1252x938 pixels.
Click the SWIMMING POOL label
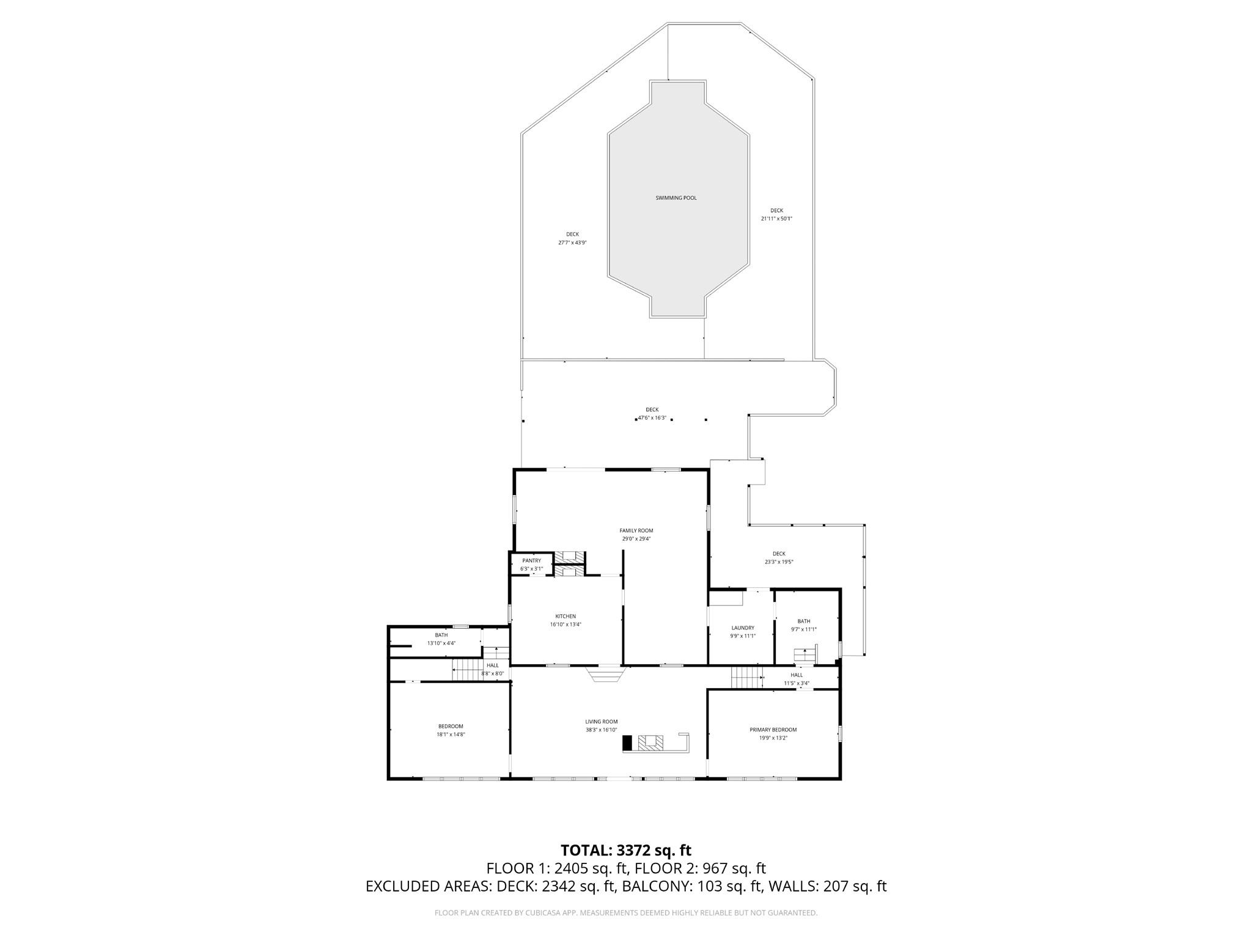pyautogui.click(x=676, y=198)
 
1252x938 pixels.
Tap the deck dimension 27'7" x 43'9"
pyautogui.click(x=572, y=243)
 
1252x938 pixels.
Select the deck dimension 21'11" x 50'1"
pyautogui.click(x=776, y=219)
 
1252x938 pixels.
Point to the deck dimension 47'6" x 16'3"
pyautogui.click(x=652, y=418)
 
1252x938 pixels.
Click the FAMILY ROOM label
pyautogui.click(x=636, y=530)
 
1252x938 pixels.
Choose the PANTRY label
pyautogui.click(x=531, y=560)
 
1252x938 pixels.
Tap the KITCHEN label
pyautogui.click(x=565, y=616)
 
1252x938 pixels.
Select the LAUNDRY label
pyautogui.click(x=743, y=628)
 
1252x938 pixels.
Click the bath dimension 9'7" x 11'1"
pyautogui.click(x=803, y=629)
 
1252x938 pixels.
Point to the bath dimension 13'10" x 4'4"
pyautogui.click(x=441, y=643)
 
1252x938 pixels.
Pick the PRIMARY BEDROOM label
pyautogui.click(x=773, y=730)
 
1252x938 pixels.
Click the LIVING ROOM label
pyautogui.click(x=601, y=721)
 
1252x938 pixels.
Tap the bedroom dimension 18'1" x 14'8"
pyautogui.click(x=451, y=735)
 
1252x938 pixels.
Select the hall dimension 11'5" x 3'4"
pyautogui.click(x=796, y=683)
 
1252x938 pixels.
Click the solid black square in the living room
pyautogui.click(x=627, y=742)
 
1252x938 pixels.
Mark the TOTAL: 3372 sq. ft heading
pyautogui.click(x=625, y=850)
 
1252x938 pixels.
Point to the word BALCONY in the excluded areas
pyautogui.click(x=656, y=886)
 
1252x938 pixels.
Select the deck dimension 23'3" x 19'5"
pyautogui.click(x=778, y=562)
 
